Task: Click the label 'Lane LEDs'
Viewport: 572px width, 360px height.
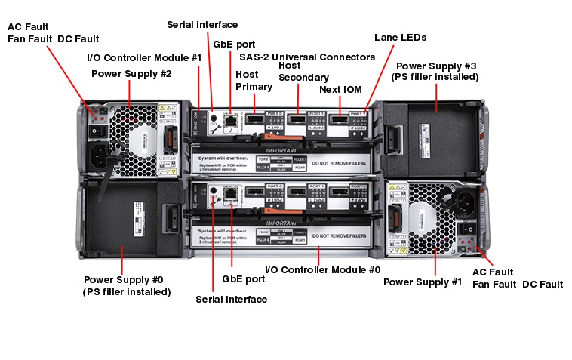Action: click(400, 37)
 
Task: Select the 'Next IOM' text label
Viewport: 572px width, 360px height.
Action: click(340, 89)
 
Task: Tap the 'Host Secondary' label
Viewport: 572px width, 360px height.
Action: click(304, 72)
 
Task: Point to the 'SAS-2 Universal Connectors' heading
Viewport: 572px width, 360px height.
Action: click(307, 57)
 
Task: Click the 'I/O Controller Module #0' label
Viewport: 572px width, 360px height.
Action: click(323, 269)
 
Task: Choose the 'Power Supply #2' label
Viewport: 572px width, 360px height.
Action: click(131, 73)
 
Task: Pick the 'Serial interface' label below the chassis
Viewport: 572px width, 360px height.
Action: click(231, 299)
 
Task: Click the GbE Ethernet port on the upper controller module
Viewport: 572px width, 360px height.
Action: click(229, 118)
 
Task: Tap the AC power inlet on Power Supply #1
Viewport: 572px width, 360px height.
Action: click(461, 200)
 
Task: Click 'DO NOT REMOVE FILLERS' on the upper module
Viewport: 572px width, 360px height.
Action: click(339, 163)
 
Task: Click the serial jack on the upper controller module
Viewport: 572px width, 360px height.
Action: click(214, 118)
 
